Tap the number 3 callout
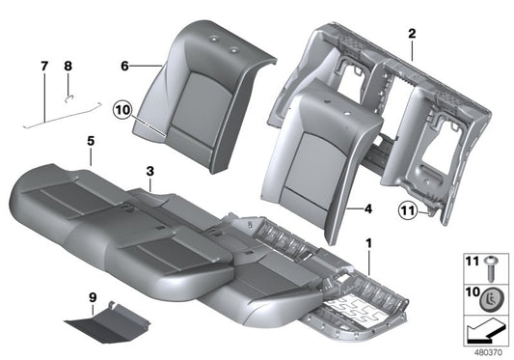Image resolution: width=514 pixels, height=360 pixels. (149, 171)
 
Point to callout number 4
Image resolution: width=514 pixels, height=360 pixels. (368, 208)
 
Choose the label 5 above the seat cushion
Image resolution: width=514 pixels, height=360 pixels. (90, 142)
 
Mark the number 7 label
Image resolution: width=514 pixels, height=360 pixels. (43, 66)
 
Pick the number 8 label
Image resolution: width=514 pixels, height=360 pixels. (68, 66)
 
